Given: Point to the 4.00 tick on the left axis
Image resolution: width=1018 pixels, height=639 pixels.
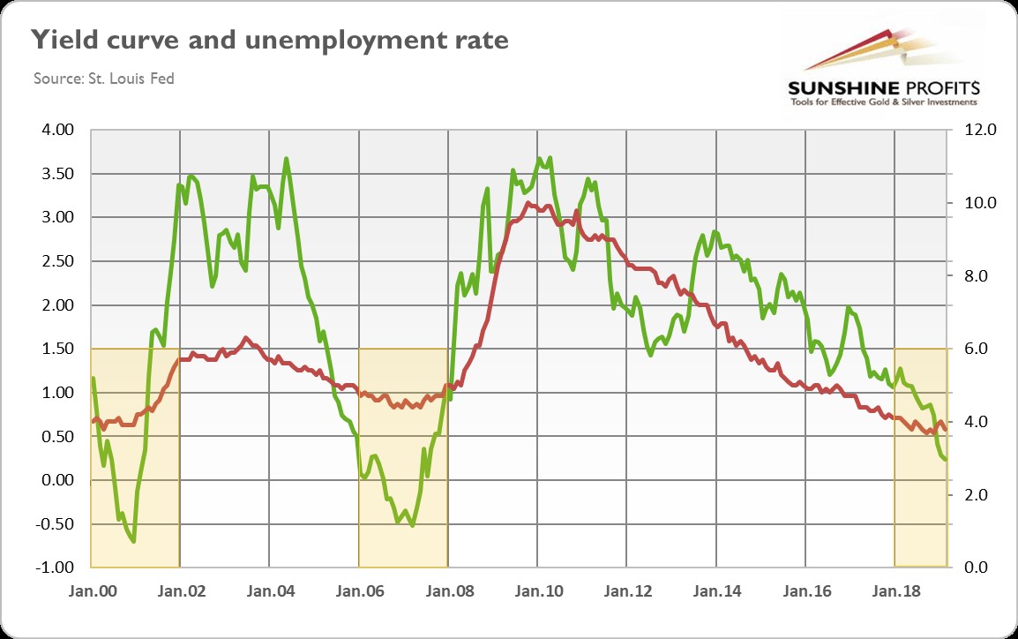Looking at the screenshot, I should click(x=58, y=131).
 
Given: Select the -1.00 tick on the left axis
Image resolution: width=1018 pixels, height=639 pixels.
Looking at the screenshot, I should click(x=56, y=567).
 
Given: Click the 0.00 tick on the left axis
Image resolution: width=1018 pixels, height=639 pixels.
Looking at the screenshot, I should click(x=58, y=480).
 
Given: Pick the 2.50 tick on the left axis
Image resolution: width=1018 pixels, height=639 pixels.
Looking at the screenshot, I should click(x=58, y=261).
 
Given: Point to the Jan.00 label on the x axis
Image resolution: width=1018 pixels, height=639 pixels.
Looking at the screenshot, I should click(x=92, y=589).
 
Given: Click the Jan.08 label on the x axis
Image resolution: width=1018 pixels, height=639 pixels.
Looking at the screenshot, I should click(x=448, y=589).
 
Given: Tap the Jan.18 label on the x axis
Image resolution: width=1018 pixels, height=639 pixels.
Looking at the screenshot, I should click(x=894, y=589).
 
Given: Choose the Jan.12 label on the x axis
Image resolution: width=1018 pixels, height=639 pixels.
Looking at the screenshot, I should click(x=626, y=589).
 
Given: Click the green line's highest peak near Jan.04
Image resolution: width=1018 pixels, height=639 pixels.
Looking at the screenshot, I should click(x=287, y=159).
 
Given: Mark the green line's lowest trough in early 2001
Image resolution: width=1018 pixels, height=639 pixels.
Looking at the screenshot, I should click(x=133, y=541).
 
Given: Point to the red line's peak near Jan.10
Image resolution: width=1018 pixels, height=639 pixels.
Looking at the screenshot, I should click(x=528, y=204).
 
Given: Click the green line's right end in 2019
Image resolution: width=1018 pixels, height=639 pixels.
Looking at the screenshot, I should click(x=947, y=460).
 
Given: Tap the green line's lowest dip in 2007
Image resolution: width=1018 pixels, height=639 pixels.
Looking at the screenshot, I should click(x=412, y=526).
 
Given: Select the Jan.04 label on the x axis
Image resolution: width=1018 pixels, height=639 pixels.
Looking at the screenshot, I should click(x=270, y=589).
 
